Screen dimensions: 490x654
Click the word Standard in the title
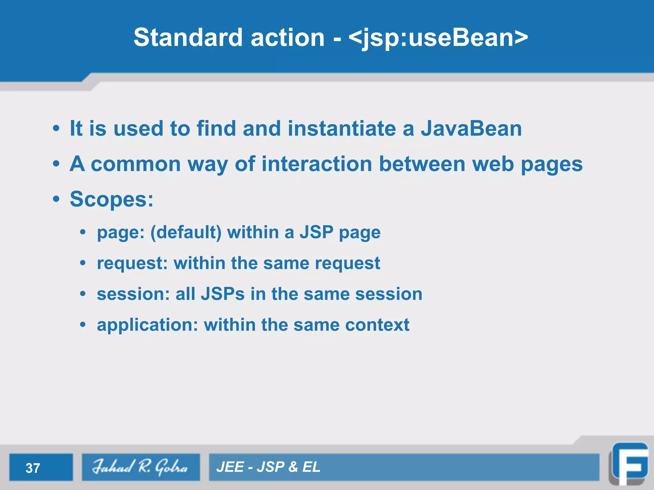188,37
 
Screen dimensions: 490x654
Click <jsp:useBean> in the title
438,38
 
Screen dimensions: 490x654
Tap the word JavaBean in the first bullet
471,129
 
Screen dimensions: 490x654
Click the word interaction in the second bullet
317,164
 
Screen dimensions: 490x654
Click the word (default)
186,232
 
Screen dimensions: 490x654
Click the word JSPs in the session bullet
223,294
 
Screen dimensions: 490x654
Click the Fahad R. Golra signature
141,467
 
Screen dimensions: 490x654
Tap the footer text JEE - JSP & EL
268,467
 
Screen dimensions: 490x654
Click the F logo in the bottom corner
629,464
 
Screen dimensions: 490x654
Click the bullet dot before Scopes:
56,199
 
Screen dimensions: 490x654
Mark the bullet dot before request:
83,263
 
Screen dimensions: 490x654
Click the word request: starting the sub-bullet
132,264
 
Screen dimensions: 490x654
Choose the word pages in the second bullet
551,165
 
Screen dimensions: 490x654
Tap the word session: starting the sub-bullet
133,294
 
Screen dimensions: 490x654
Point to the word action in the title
287,37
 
